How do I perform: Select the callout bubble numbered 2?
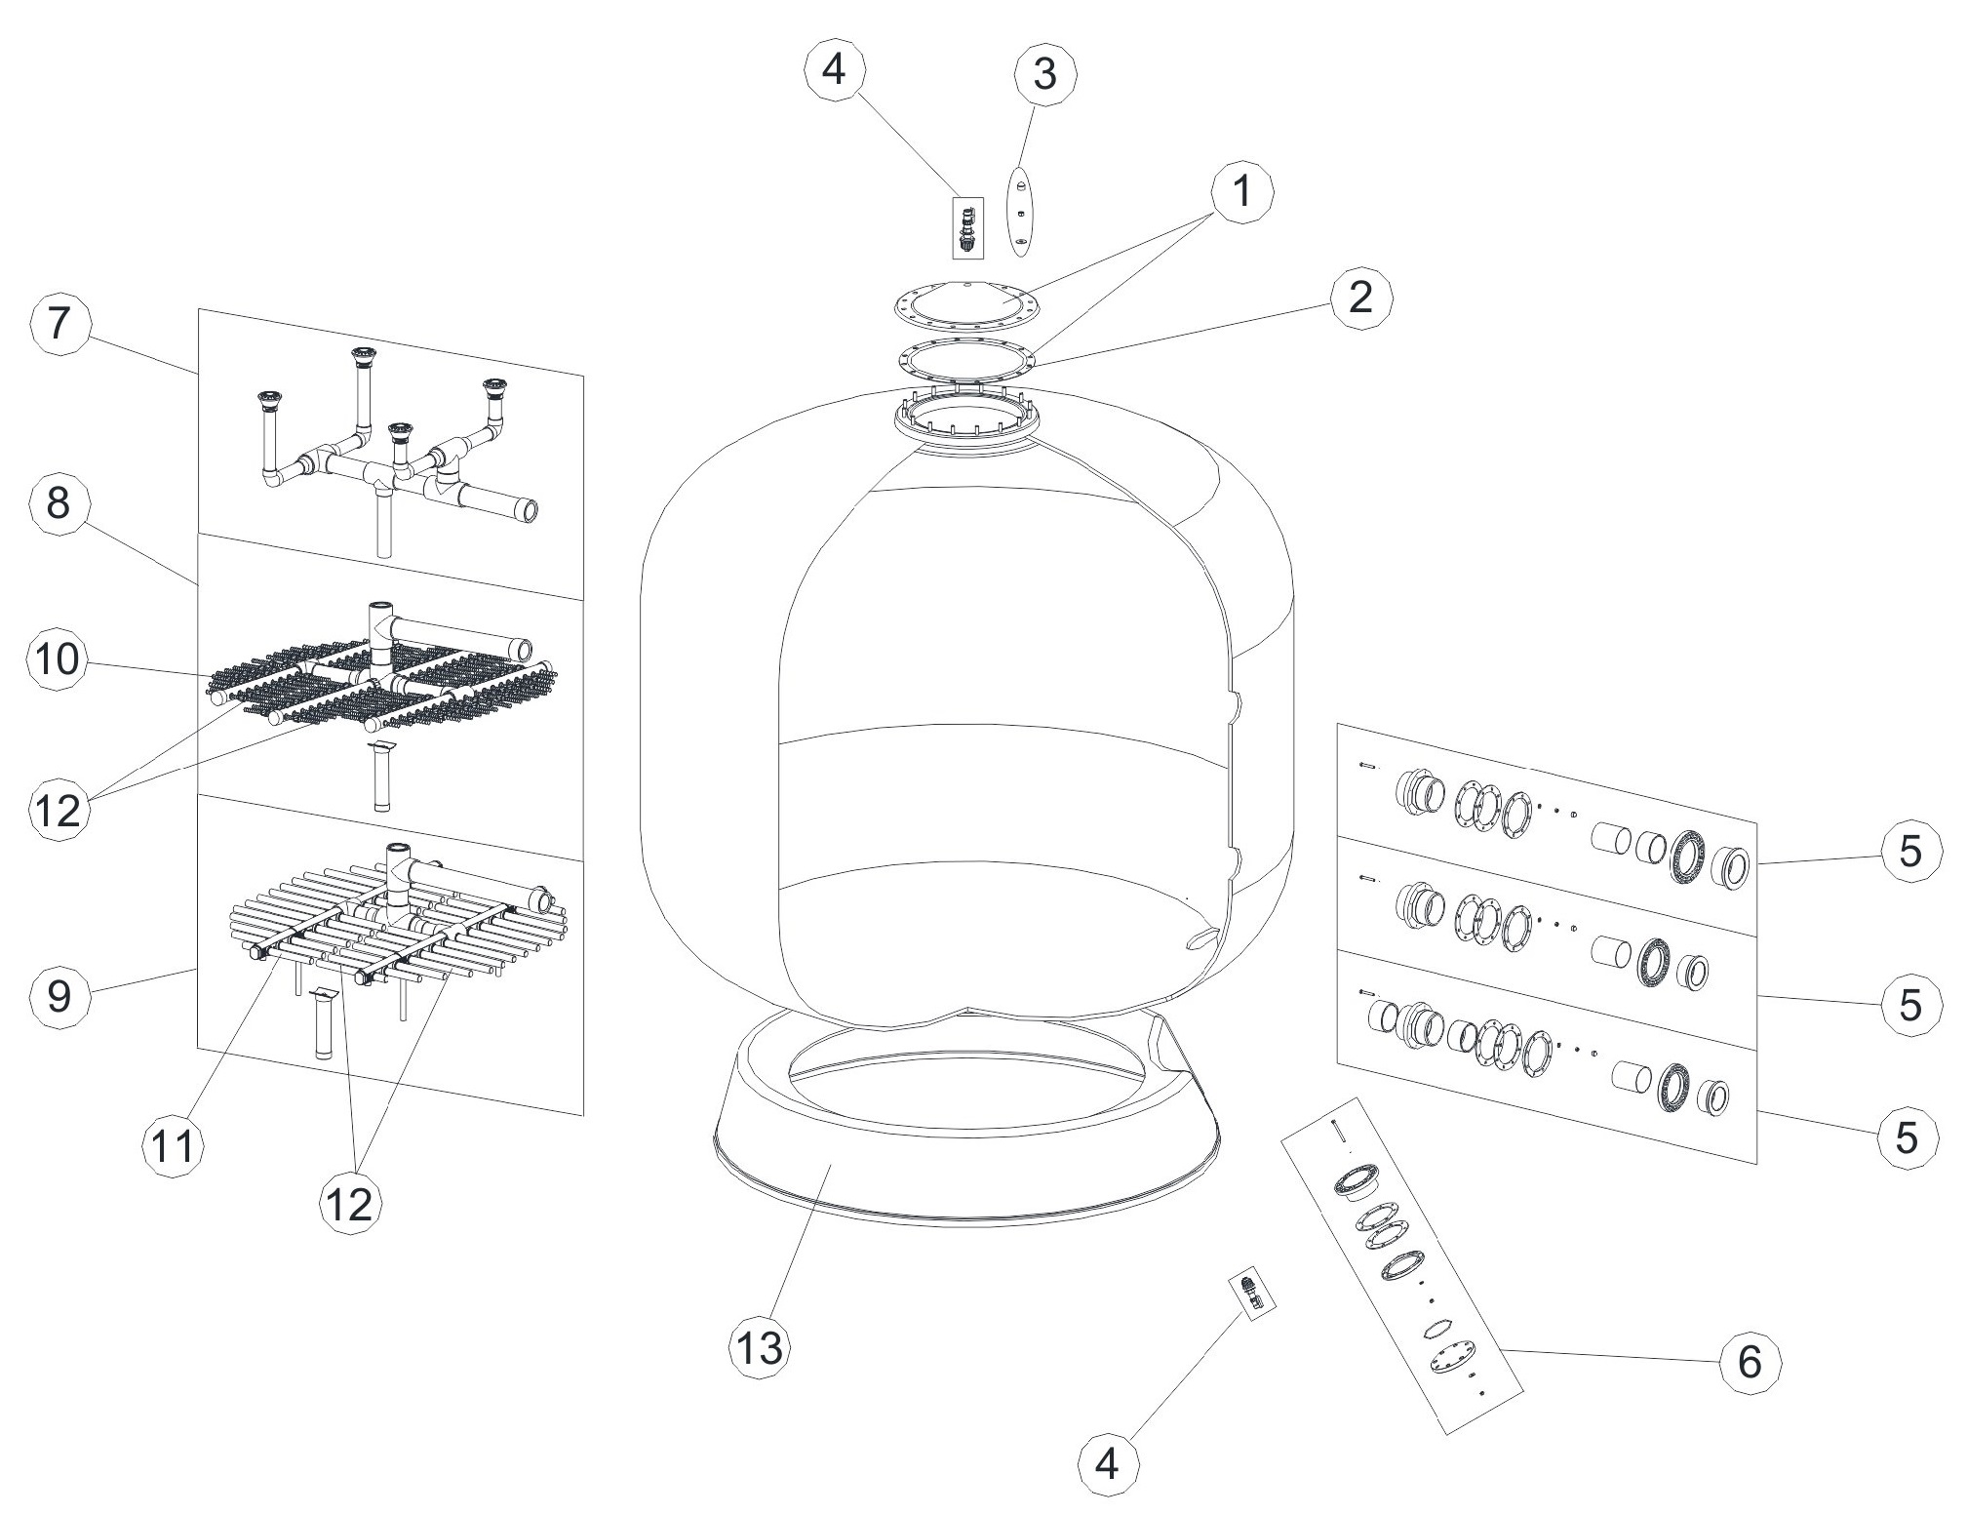(1358, 298)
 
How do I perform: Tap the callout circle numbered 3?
(1043, 74)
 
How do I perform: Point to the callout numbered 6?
(1750, 1362)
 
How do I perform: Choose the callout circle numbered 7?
(59, 324)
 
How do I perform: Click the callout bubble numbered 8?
(59, 505)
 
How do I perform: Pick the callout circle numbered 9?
(59, 998)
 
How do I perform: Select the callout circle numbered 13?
(760, 1348)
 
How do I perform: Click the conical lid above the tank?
(966, 301)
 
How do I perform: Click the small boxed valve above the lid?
(967, 228)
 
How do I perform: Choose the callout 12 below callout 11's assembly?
(350, 1206)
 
